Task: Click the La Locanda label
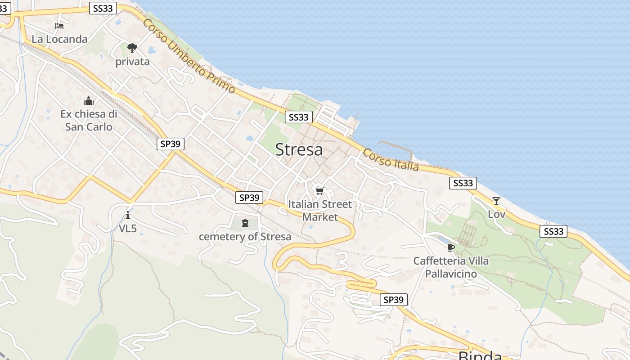coord(59,39)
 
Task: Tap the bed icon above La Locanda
coord(59,26)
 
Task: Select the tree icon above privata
coord(132,48)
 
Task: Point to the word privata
coord(132,62)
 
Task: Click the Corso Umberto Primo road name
coord(189,56)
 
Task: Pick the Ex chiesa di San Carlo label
coord(89,120)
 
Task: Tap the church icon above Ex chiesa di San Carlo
coord(89,101)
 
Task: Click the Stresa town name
coord(299,149)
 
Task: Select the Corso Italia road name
coord(391,160)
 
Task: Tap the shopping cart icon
coord(319,191)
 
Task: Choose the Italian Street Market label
coord(320,211)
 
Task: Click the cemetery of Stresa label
coord(245,237)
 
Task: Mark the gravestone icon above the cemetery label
coord(245,223)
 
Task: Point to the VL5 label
coord(128,229)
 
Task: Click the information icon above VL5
coord(128,215)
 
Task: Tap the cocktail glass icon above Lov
coord(496,201)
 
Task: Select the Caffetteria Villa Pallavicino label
coord(451,267)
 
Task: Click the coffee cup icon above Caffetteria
coord(451,247)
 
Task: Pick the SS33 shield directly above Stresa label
coord(298,117)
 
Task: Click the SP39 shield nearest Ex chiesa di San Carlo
coord(171,144)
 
